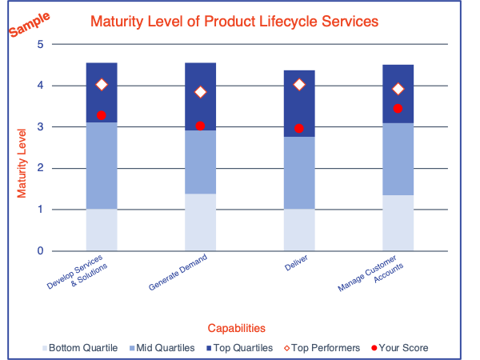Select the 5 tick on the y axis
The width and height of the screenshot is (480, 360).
[40, 44]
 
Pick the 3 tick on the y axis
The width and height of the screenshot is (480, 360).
[40, 127]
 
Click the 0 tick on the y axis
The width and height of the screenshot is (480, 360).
[40, 251]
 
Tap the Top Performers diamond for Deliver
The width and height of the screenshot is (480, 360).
[299, 85]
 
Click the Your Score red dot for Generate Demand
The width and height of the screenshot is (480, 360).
[200, 126]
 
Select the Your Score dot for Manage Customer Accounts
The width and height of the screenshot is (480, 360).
[398, 109]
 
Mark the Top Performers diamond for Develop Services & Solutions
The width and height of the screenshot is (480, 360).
[102, 85]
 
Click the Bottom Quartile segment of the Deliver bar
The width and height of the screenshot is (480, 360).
[299, 230]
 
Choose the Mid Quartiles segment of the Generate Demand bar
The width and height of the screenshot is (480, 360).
[200, 162]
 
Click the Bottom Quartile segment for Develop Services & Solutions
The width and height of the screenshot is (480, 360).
[102, 230]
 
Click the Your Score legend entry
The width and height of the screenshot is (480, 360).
[400, 348]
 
